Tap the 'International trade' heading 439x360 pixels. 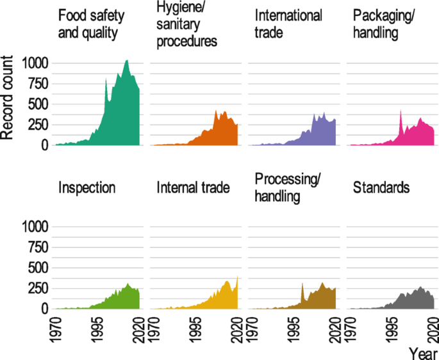tap(288, 24)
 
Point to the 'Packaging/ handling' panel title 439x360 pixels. tap(383, 24)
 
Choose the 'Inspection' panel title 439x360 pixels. tap(87, 188)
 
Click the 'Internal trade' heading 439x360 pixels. tap(194, 188)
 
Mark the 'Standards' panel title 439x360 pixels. tap(382, 188)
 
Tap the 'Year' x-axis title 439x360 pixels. tap(423, 352)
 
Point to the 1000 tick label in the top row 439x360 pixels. tap(35, 63)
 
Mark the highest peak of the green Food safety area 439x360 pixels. tap(126, 61)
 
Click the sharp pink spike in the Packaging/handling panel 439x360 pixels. tap(401, 111)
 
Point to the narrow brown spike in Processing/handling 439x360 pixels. tap(302, 284)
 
